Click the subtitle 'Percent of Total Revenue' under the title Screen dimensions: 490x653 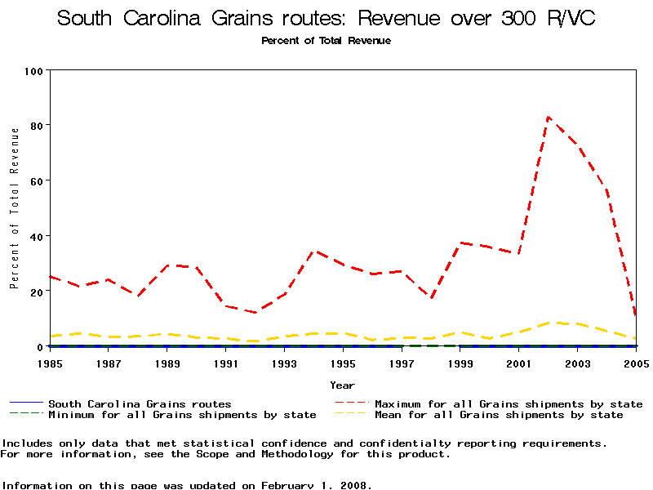tap(326, 41)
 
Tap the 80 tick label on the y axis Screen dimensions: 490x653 tap(36, 125)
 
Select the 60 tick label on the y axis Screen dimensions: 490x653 tap(36, 180)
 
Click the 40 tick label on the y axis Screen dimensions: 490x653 tap(36, 236)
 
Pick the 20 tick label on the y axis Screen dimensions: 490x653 tap(36, 292)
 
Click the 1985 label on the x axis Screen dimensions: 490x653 tap(50, 362)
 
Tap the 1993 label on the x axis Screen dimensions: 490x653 tap(284, 362)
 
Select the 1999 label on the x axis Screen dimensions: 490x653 tap(460, 362)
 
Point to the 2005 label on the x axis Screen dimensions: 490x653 tap(636, 362)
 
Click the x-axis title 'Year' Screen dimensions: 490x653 tap(342, 385)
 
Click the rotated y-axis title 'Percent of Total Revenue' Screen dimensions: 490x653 tap(14, 208)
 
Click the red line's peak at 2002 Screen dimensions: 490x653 tap(549, 117)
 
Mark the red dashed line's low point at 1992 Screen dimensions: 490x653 tap(255, 313)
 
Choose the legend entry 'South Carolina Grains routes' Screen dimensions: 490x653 tap(140, 404)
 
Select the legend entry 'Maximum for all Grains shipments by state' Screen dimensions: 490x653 tap(509, 404)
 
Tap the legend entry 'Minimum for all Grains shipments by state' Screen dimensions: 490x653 tap(182, 415)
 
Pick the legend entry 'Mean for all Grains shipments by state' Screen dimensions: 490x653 tap(499, 415)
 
